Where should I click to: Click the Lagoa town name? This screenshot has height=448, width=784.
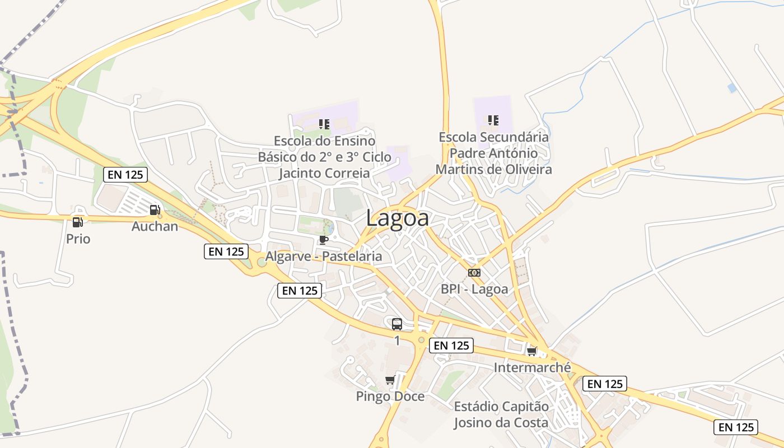(x=398, y=218)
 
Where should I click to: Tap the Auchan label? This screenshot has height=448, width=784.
(x=155, y=226)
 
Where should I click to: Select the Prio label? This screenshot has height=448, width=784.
(x=78, y=239)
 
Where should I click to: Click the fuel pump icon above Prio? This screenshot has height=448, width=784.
(x=78, y=222)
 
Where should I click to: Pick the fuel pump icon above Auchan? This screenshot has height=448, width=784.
(x=155, y=210)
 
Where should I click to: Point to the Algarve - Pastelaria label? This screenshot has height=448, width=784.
(x=324, y=256)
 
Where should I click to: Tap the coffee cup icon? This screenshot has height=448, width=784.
(x=323, y=240)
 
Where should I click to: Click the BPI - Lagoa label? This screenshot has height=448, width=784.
(x=474, y=289)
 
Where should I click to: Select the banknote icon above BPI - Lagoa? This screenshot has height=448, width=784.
(x=474, y=273)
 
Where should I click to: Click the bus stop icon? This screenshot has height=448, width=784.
(x=397, y=324)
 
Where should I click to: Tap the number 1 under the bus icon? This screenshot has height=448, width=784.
(x=397, y=340)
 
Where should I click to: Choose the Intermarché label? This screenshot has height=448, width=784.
(x=532, y=367)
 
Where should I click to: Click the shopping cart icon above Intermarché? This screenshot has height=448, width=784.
(x=531, y=352)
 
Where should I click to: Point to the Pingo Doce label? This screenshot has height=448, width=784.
(x=390, y=396)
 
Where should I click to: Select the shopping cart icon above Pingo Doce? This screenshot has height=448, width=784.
(x=390, y=380)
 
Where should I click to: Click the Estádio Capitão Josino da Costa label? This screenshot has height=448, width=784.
(x=501, y=414)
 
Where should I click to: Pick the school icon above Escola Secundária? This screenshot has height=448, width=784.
(x=493, y=120)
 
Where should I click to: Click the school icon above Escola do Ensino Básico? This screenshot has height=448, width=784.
(x=324, y=124)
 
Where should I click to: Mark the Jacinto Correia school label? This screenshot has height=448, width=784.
(x=324, y=173)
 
